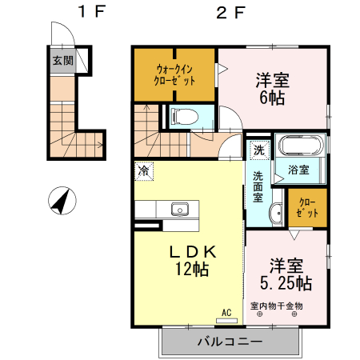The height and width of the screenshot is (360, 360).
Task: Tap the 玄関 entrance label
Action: click(62, 61)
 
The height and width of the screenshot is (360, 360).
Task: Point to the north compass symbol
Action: click(60, 200)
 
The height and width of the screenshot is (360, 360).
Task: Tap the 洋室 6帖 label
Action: click(272, 88)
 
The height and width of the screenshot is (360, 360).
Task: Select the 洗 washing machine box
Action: click(258, 150)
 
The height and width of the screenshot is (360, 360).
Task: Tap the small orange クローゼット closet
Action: click(306, 207)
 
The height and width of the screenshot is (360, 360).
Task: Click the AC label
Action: click(226, 312)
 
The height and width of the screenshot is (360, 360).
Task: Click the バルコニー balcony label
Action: click(230, 342)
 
